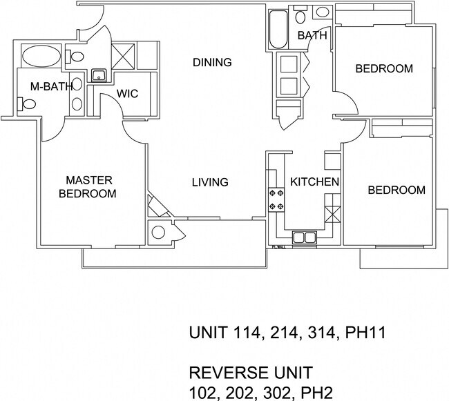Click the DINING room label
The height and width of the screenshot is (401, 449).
tap(212, 62)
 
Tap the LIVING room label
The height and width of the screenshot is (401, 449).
tap(210, 182)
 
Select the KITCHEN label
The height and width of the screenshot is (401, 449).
tap(315, 182)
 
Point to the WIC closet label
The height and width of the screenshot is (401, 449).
tap(127, 94)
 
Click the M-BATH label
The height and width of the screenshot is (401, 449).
tap(52, 86)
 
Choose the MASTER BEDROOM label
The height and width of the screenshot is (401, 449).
tap(88, 187)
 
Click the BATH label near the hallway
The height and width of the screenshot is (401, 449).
tap(312, 35)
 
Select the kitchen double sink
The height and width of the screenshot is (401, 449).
tap(305, 237)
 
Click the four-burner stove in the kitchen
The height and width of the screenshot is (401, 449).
tap(276, 199)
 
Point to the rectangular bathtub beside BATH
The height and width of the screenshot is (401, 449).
tap(278, 30)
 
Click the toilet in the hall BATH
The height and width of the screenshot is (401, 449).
tap(300, 15)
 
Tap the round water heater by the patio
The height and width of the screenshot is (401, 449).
tap(158, 232)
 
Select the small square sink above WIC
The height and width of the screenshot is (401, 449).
tap(99, 76)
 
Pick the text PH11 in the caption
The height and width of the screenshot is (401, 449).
tap(365, 333)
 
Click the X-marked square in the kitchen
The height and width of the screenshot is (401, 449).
tap(333, 215)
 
